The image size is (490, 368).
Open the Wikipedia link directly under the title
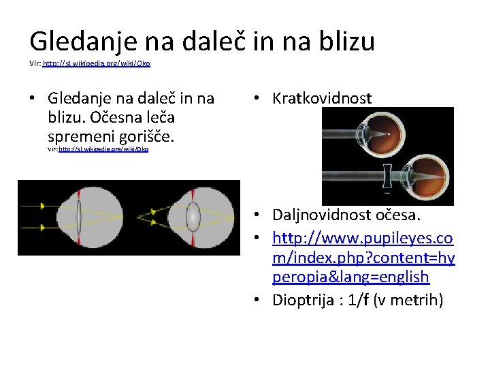pos(96,63)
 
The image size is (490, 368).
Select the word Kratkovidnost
pos(322,99)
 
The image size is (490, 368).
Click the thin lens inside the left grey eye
pos(79,217)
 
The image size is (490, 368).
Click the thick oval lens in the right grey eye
pos(193,217)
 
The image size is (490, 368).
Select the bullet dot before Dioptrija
pos(262,301)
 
